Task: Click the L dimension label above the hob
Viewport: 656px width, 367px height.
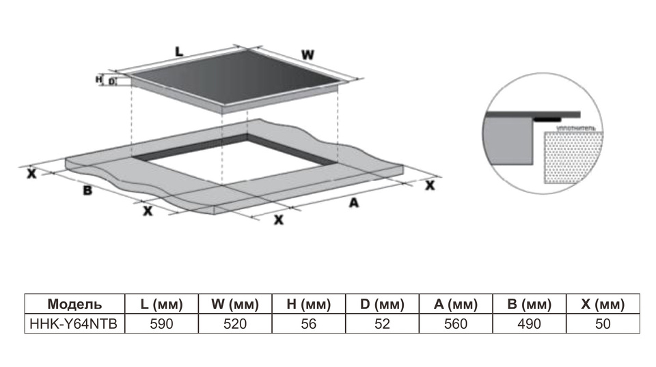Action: [x=179, y=51]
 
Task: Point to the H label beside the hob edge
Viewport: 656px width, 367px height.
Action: [x=98, y=80]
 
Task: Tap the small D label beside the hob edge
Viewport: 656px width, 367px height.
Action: [x=111, y=82]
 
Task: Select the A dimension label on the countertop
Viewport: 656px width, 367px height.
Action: [x=353, y=203]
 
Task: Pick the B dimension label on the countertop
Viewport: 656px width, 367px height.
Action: [x=87, y=190]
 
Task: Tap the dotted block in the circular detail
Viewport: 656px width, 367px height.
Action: [x=574, y=157]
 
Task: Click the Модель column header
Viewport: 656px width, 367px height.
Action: [x=74, y=304]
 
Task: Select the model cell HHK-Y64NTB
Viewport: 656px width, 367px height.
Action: [x=74, y=323]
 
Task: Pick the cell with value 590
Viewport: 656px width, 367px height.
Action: [x=161, y=323]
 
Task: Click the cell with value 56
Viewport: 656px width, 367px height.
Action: [x=309, y=323]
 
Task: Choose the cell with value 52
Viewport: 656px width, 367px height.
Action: [x=382, y=323]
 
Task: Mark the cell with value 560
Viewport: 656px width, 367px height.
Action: [x=455, y=323]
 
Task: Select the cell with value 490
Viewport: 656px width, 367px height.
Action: [x=529, y=323]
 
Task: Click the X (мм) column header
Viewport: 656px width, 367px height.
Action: [x=603, y=304]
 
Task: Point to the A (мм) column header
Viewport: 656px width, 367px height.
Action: [x=455, y=304]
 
